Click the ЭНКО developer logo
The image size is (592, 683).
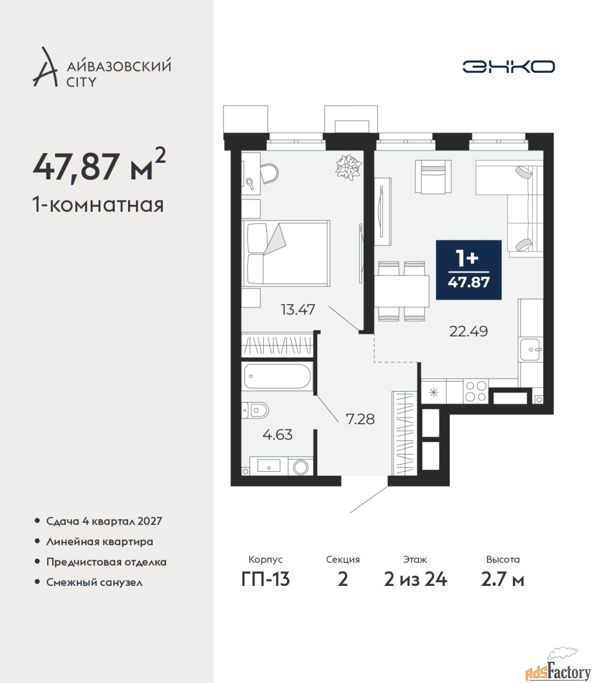[508, 66]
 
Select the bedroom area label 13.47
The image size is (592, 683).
[298, 310]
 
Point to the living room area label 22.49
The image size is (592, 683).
[468, 331]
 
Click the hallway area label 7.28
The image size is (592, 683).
[360, 419]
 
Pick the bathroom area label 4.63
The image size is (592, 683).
[278, 435]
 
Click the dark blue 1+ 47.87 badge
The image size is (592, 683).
[469, 270]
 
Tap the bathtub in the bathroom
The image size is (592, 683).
[277, 376]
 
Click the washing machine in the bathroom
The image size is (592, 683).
[300, 466]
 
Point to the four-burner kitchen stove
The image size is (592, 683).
[476, 392]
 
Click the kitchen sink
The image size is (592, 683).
[531, 350]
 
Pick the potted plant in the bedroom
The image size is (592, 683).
[348, 167]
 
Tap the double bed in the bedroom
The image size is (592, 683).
[286, 253]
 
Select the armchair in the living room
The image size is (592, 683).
[433, 177]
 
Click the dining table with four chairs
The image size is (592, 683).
[401, 291]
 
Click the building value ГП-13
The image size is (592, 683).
[265, 579]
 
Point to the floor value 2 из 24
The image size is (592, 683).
[415, 579]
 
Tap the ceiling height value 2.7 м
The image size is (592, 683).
[502, 579]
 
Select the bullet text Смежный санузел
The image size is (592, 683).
[94, 582]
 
